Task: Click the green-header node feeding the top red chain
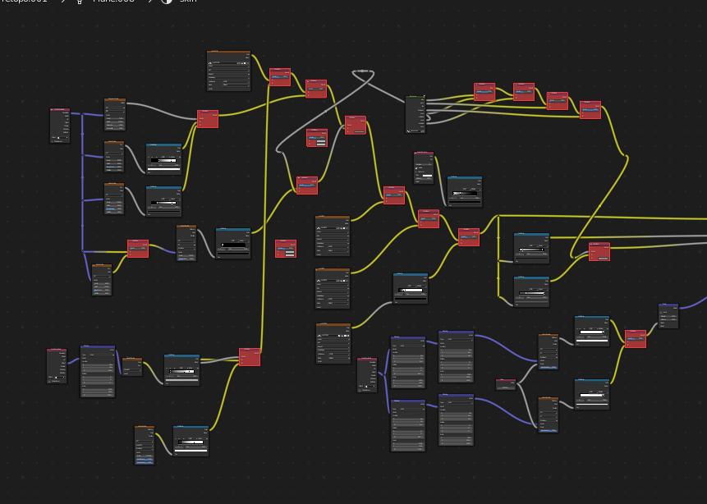point(415,114)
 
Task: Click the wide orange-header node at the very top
point(228,71)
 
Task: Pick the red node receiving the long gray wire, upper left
point(208,119)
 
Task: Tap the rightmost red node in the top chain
point(590,110)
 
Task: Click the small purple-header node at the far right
point(668,316)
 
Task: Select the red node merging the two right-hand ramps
point(635,338)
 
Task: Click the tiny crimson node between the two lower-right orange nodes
point(506,384)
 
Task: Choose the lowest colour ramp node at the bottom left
point(191,441)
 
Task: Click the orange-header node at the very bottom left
point(145,445)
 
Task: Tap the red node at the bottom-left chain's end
point(250,356)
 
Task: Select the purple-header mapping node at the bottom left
point(98,371)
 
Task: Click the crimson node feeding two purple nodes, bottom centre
point(367,374)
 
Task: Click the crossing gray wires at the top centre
point(361,72)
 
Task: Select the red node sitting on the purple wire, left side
point(138,248)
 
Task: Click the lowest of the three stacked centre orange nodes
point(333,343)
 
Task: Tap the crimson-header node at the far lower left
point(57,365)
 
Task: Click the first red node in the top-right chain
point(484,91)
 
